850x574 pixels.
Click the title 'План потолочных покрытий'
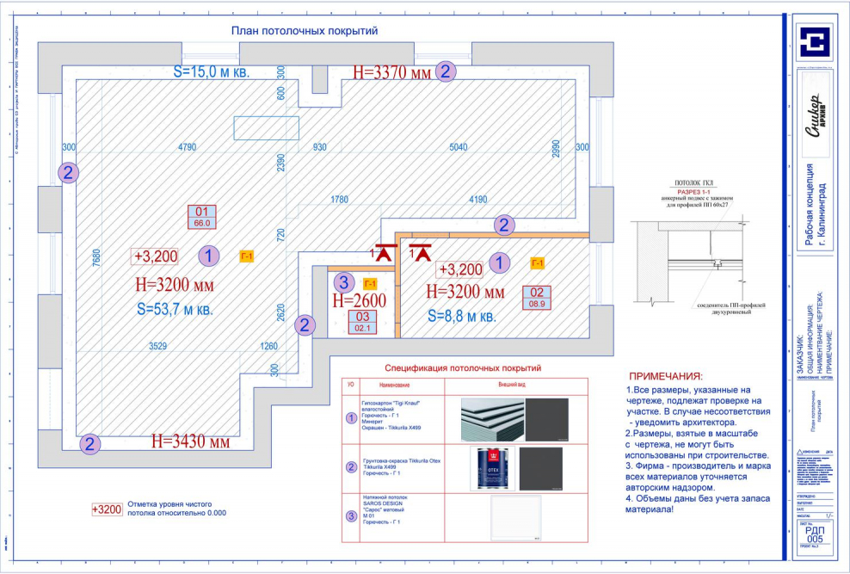tap(305, 31)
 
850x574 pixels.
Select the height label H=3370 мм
tap(391, 73)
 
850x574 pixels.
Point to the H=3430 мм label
tap(190, 442)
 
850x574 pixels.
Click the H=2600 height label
tap(359, 300)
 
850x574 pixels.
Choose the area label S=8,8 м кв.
tap(461, 316)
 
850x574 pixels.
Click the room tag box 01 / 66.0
tap(203, 217)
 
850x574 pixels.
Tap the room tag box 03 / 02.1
tap(362, 322)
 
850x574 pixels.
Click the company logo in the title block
tap(812, 42)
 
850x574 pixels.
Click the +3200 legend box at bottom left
tap(107, 509)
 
